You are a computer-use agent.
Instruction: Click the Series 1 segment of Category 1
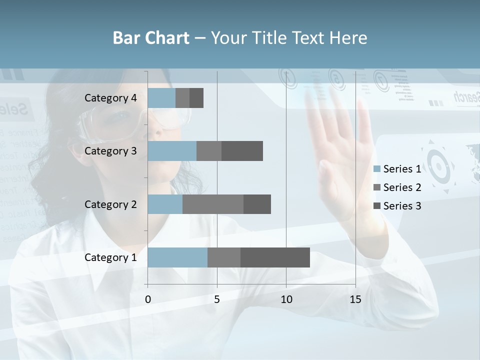(x=177, y=257)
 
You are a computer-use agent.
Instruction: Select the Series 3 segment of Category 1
(x=275, y=257)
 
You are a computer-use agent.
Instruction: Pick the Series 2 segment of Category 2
(x=213, y=204)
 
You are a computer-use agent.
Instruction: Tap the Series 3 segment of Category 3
(x=242, y=151)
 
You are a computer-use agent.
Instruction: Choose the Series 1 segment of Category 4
(x=161, y=98)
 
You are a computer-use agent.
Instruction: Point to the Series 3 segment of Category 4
(x=196, y=98)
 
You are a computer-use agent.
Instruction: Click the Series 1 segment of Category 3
(x=172, y=151)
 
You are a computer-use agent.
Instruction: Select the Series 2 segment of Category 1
(x=224, y=257)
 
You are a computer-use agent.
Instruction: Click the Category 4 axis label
(x=110, y=98)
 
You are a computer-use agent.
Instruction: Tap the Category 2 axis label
(x=110, y=204)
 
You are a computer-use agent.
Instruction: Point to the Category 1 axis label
(x=110, y=257)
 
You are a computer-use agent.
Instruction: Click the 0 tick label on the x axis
(x=148, y=299)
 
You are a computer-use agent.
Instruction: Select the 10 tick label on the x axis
(x=286, y=299)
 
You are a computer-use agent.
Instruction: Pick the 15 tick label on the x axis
(x=355, y=299)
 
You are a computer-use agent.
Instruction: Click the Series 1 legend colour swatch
(x=377, y=169)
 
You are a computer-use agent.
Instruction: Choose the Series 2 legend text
(x=402, y=187)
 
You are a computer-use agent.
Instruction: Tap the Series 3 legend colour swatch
(x=377, y=206)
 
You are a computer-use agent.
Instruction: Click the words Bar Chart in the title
(x=151, y=38)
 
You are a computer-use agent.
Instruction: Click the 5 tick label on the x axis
(x=217, y=299)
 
